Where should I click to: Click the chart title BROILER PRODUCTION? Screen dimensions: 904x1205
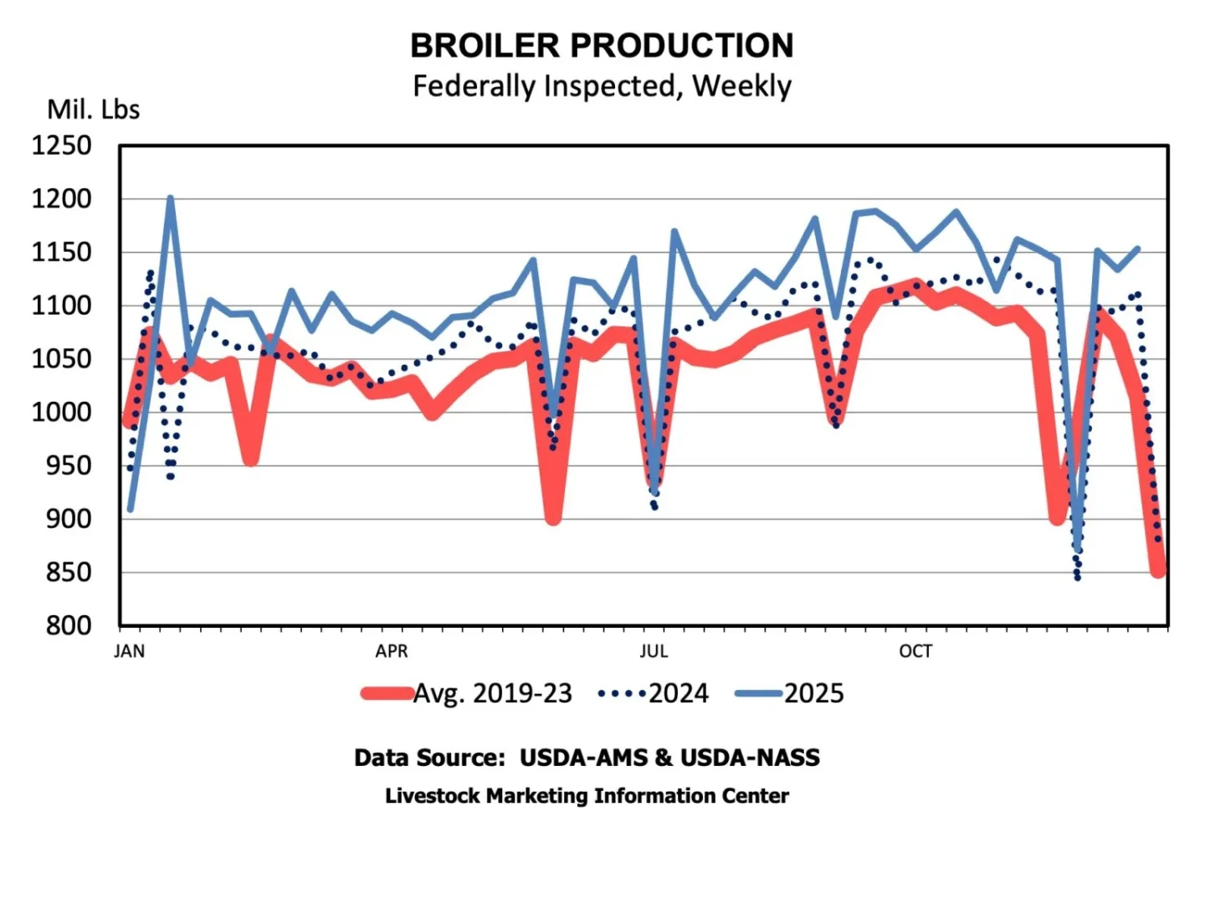pyautogui.click(x=602, y=46)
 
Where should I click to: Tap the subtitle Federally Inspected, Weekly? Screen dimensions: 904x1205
pyautogui.click(x=602, y=86)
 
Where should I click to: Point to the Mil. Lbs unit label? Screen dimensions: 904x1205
pyautogui.click(x=93, y=110)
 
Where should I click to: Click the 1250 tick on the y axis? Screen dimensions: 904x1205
pyautogui.click(x=62, y=146)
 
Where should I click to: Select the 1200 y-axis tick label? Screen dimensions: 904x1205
pyautogui.click(x=62, y=199)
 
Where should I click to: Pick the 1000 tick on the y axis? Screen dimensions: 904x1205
pyautogui.click(x=62, y=412)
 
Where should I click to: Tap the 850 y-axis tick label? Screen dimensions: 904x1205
pyautogui.click(x=69, y=573)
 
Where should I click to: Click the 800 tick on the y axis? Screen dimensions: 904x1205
pyautogui.click(x=69, y=625)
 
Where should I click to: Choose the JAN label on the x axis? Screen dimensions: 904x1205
pyautogui.click(x=130, y=651)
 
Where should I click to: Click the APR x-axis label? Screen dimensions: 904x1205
pyautogui.click(x=392, y=651)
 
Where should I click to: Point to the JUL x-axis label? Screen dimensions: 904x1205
pyautogui.click(x=654, y=651)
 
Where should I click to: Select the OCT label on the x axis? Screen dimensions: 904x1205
pyautogui.click(x=915, y=651)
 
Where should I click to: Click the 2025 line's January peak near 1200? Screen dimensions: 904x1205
pyautogui.click(x=170, y=198)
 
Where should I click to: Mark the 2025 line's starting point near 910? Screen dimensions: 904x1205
pyautogui.click(x=131, y=509)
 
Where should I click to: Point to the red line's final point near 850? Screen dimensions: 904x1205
pyautogui.click(x=1158, y=571)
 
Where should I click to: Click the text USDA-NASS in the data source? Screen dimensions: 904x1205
pyautogui.click(x=750, y=758)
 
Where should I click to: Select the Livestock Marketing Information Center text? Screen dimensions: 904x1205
pyautogui.click(x=587, y=796)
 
